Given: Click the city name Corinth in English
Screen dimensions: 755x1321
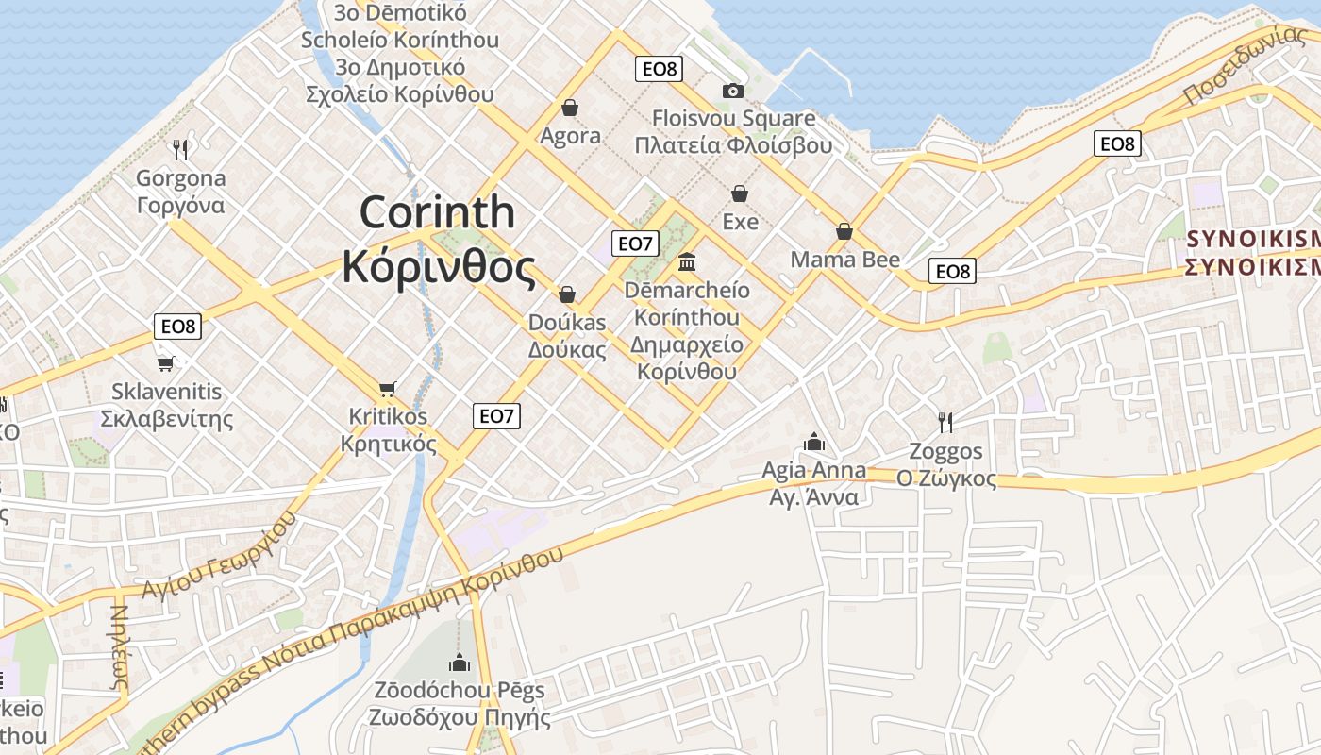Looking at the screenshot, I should click(x=437, y=211).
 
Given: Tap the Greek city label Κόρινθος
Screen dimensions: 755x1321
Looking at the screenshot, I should click(x=438, y=267).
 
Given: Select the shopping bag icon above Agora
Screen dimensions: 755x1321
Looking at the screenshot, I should click(x=569, y=108).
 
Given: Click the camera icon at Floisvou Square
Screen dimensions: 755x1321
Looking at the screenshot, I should click(x=732, y=91).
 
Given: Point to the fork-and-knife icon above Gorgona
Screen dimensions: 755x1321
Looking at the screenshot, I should click(x=181, y=149).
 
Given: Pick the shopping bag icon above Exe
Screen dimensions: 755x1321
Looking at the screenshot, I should click(x=740, y=193).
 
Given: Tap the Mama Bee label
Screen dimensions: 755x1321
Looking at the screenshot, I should click(x=844, y=260).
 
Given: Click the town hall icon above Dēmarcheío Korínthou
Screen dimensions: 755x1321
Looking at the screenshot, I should click(x=687, y=260).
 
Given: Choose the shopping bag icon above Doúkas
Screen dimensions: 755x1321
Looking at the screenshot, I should click(x=567, y=294).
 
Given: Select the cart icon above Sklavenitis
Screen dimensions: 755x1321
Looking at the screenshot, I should click(x=166, y=362).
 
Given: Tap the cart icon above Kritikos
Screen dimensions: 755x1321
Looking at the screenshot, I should click(x=387, y=389).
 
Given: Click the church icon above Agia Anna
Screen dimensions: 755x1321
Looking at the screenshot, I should click(x=813, y=442).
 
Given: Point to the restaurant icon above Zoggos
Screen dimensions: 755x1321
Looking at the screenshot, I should click(x=945, y=422).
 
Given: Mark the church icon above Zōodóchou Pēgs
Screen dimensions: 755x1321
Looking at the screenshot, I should click(x=460, y=663).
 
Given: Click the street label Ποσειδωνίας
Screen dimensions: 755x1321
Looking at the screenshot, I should click(x=1245, y=65).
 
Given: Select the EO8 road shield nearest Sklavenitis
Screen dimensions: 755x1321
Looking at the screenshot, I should click(x=177, y=327).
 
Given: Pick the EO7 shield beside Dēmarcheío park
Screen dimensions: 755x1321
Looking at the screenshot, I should click(x=635, y=243).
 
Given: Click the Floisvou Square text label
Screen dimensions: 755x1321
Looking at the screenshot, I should click(x=734, y=119).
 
